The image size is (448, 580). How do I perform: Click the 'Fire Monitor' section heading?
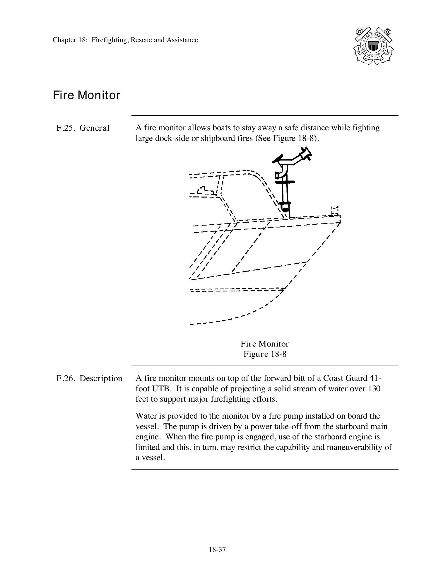click(x=86, y=95)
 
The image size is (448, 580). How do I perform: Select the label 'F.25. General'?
click(x=83, y=128)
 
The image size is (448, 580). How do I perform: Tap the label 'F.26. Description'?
click(x=89, y=378)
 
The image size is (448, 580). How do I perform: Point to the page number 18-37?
click(x=217, y=550)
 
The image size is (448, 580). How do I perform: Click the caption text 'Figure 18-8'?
click(x=265, y=354)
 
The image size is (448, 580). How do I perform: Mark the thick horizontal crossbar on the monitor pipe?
click(x=285, y=182)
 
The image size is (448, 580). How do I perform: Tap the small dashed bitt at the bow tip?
click(x=335, y=211)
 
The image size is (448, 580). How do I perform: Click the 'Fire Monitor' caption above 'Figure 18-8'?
click(x=265, y=344)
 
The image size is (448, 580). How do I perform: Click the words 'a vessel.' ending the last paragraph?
click(x=150, y=458)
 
